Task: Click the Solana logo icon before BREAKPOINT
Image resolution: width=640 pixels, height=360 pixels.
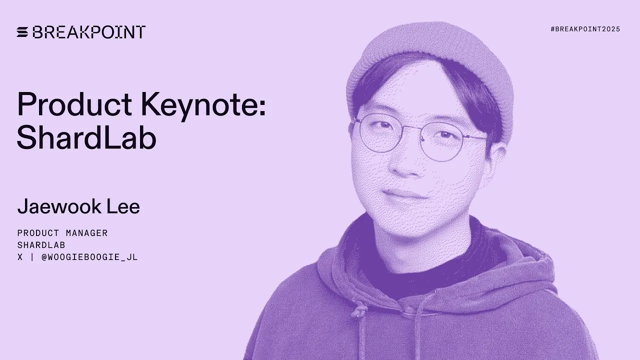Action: tap(23, 32)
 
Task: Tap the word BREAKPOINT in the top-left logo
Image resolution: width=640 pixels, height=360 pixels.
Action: tap(89, 32)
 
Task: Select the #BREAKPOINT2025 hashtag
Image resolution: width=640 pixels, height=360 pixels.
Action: tap(585, 29)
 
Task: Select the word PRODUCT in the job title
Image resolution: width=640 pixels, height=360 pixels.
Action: tap(37, 233)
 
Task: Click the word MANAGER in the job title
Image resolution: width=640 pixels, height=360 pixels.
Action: tap(88, 233)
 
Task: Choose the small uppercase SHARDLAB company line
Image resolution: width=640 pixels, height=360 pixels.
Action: tap(41, 245)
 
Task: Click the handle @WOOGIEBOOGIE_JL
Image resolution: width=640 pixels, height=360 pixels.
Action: tap(89, 257)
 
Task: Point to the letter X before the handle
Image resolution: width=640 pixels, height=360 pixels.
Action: tap(20, 257)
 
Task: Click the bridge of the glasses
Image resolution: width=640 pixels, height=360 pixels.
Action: tap(419, 131)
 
